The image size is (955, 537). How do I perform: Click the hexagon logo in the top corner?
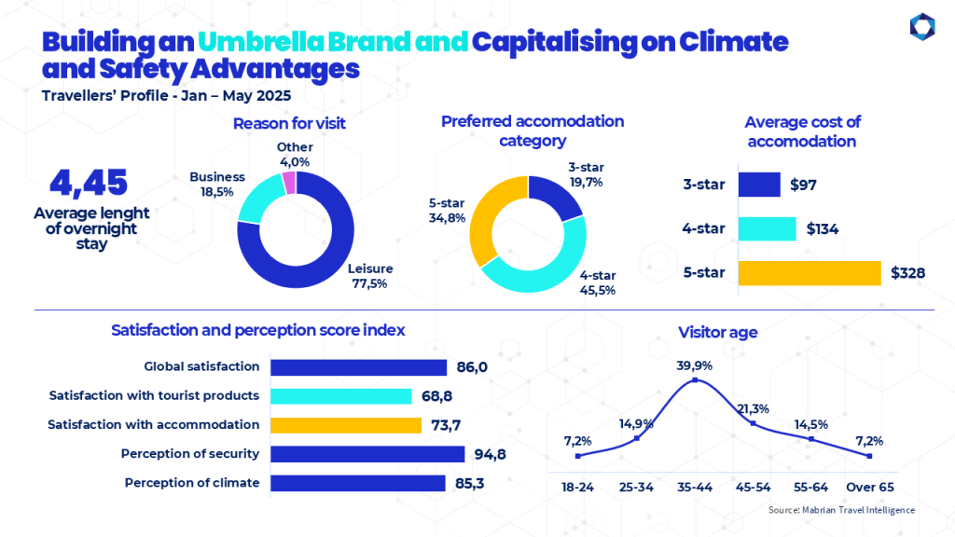point(922,27)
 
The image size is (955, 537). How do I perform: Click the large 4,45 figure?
point(89,183)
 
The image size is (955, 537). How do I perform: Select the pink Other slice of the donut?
point(289,183)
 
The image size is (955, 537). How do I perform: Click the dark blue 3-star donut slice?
point(554,195)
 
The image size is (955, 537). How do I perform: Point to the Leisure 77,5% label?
point(370,276)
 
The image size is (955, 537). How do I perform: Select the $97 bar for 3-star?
point(759,185)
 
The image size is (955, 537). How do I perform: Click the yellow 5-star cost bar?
point(810,273)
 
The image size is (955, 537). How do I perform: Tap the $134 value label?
point(823,229)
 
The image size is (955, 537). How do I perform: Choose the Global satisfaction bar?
point(359,367)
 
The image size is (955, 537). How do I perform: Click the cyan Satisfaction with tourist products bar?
point(341,396)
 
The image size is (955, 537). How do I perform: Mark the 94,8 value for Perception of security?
point(491,454)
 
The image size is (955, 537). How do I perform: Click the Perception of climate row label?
point(192,483)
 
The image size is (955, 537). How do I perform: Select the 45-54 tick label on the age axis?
point(753,487)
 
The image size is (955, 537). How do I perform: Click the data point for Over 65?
point(869,456)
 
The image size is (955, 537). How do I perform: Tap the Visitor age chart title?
point(717,333)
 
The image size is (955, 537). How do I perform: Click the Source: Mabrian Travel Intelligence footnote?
point(841,510)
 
